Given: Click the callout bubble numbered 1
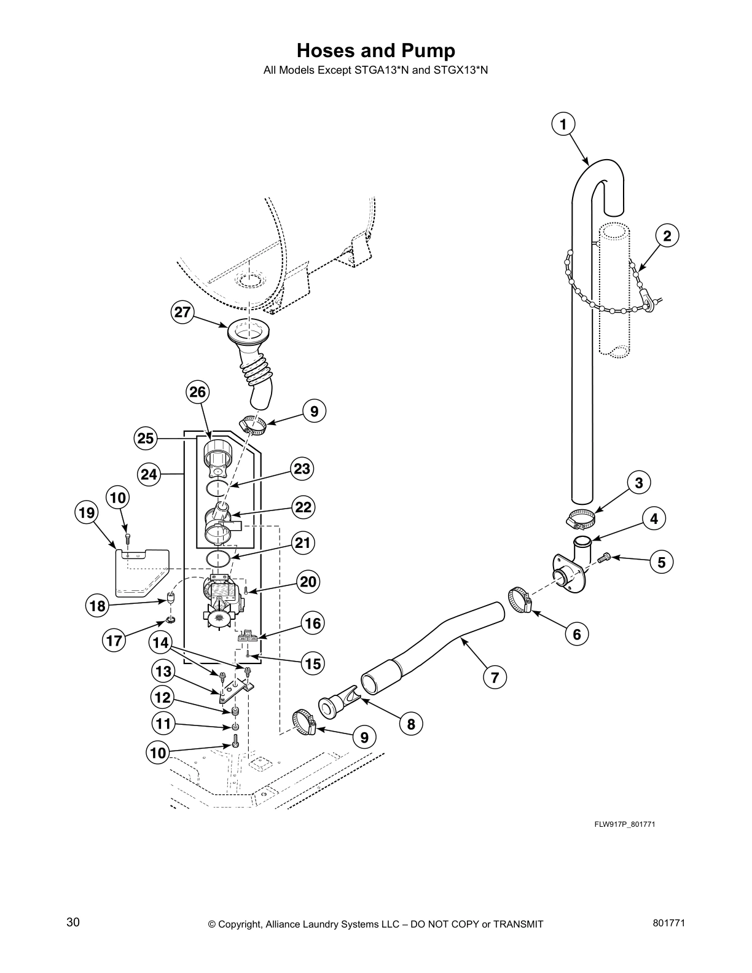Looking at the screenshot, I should click(563, 125).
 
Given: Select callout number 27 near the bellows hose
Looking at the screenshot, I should click(182, 312).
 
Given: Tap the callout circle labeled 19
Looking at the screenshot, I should click(87, 512).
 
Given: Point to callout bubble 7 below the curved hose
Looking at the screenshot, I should click(495, 678).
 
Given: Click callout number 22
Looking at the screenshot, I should click(304, 507).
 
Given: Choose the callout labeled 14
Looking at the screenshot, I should click(160, 643).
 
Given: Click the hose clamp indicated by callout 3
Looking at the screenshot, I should click(581, 519).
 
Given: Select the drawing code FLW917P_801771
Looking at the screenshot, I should click(624, 824).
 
